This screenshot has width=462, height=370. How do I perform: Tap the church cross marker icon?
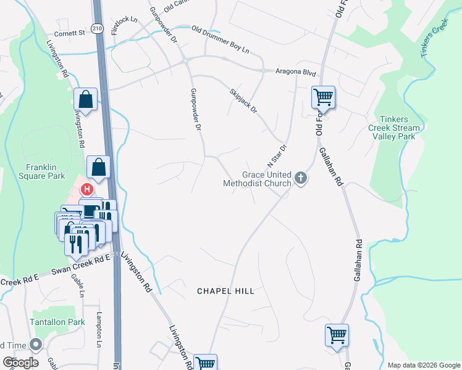301,179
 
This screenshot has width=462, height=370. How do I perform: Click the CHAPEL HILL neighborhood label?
225,290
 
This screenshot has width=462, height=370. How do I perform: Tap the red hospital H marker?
87,189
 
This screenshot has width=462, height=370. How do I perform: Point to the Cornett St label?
69,33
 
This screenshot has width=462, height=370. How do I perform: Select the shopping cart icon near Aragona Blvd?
323,97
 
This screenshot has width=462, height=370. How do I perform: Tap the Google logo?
20,363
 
